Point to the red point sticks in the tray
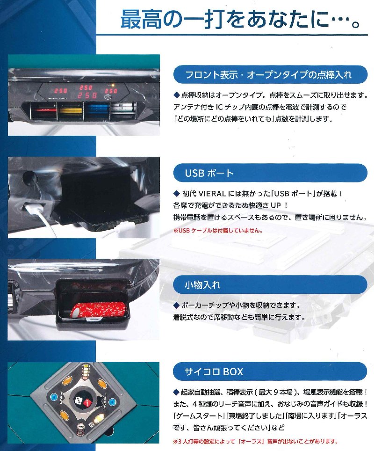43,111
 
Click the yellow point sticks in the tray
70,111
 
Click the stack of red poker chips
98,310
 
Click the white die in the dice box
79,400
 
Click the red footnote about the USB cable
218,230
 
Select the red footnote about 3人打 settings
256,441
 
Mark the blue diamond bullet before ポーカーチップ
177,305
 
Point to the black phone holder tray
102,201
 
